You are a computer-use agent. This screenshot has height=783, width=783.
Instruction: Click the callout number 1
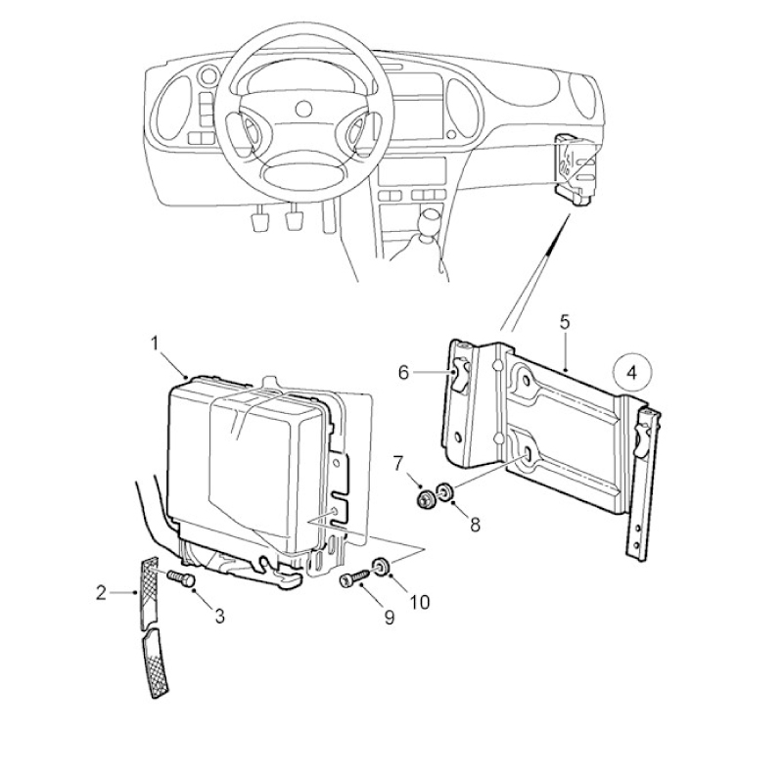[155, 344]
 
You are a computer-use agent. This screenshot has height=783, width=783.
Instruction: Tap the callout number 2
[102, 593]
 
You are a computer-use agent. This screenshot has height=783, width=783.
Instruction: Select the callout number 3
[219, 617]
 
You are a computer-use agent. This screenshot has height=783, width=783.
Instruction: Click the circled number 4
[632, 373]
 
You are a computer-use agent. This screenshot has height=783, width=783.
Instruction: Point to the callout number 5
[565, 322]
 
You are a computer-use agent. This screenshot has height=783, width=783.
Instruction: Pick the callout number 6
[403, 372]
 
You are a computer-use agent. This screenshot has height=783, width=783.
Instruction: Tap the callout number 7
[397, 464]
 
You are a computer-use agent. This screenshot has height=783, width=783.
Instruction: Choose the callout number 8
[475, 525]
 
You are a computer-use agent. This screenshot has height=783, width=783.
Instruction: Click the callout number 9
[389, 618]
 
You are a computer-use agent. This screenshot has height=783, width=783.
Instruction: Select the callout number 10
[420, 602]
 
